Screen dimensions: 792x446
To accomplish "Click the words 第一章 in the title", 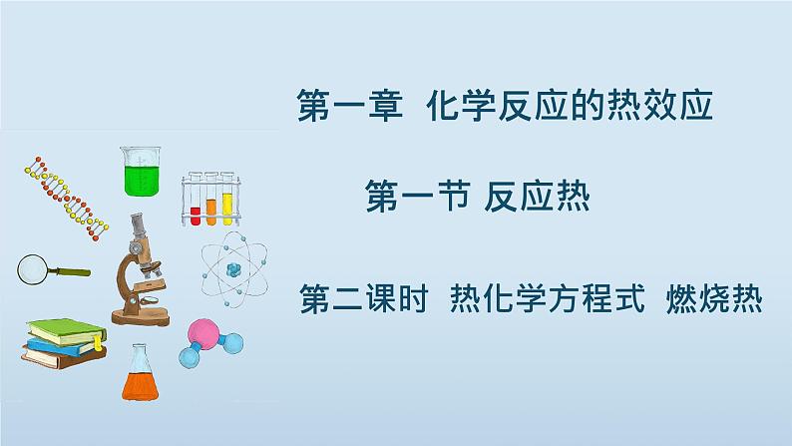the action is [350, 106].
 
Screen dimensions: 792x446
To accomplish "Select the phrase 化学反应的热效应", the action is [570, 106].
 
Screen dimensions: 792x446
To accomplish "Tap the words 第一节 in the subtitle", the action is [417, 197].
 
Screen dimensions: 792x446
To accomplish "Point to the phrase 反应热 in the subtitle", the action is [537, 197].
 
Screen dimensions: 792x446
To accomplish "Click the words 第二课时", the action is [364, 298].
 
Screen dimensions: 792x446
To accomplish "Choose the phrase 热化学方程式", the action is [547, 298].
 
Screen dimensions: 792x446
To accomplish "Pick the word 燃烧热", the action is [714, 298].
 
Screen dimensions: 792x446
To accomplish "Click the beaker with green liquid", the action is [142, 172].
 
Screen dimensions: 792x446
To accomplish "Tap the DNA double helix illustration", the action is [66, 199].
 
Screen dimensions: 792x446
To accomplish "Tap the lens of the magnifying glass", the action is [32, 269].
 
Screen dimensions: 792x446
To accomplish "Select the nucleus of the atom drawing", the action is [233, 269].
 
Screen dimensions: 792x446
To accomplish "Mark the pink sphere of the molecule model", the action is [203, 333].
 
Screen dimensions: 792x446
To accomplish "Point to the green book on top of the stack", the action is [66, 331].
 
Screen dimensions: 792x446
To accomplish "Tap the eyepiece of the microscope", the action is [137, 223].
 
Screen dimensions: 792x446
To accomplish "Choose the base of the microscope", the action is [141, 317].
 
